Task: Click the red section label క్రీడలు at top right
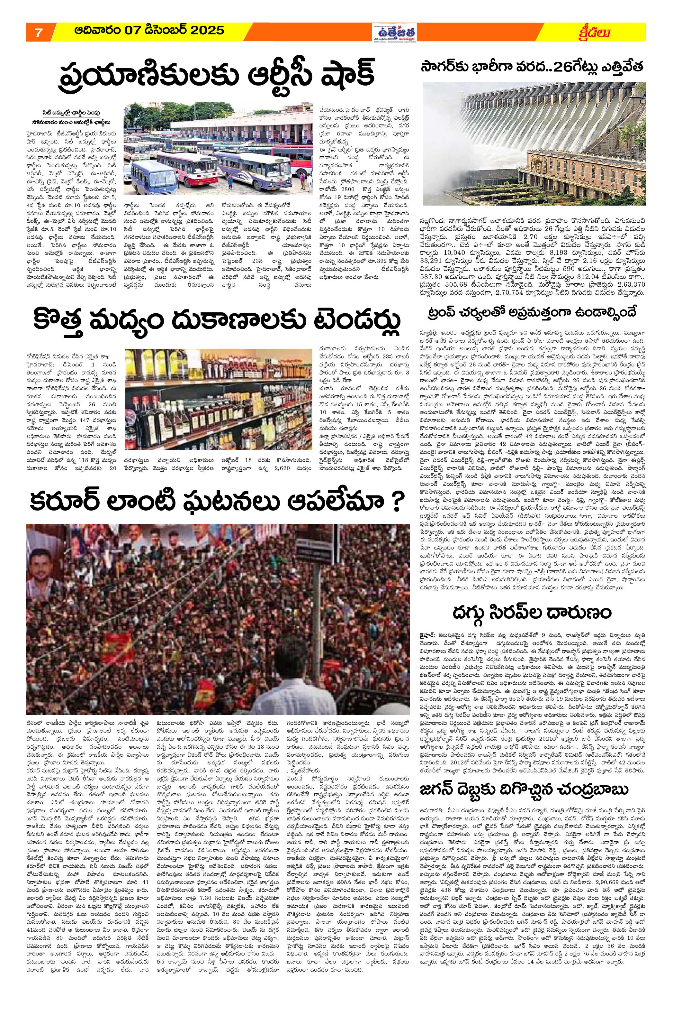594,32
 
